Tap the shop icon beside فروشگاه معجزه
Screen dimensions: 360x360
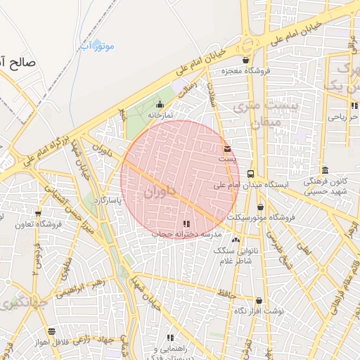coord(245,60)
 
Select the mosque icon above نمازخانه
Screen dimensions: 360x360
coord(160,105)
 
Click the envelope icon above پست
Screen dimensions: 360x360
coord(226,148)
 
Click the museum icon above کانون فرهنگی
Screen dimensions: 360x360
coord(325,170)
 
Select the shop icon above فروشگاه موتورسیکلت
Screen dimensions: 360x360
coord(261,207)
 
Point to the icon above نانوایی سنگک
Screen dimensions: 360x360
coord(235,240)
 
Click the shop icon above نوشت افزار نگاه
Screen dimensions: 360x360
coord(259,300)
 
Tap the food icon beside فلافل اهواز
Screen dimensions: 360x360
coord(51,331)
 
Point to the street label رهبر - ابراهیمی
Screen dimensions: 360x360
coord(84,289)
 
